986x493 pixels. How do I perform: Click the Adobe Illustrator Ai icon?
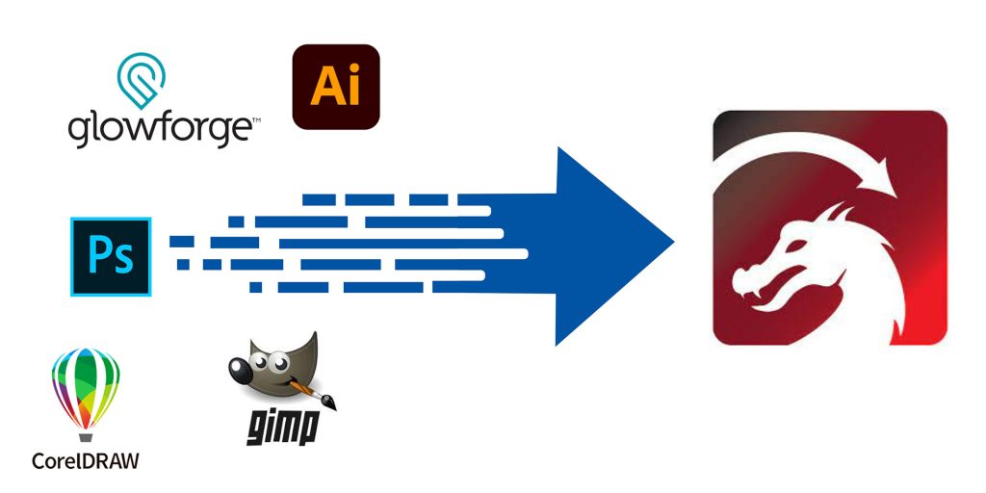[x=336, y=87]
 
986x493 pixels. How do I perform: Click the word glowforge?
[x=159, y=130]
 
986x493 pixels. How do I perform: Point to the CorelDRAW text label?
[x=85, y=459]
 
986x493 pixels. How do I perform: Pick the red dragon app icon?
[x=829, y=227]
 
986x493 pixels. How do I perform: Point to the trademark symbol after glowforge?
[x=256, y=121]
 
